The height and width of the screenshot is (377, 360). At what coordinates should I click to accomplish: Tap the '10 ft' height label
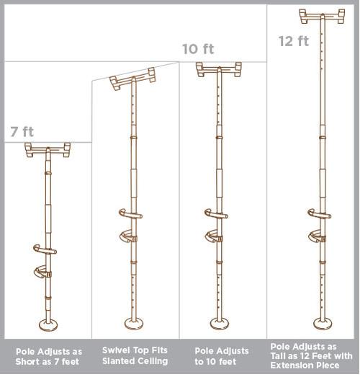(198, 49)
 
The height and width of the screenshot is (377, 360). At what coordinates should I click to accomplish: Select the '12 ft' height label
(293, 40)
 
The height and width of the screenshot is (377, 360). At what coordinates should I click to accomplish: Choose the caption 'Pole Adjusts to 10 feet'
(222, 355)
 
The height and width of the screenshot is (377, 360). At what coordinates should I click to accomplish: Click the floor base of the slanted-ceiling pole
(134, 323)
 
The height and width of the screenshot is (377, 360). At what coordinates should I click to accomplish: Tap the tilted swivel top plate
(134, 78)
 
